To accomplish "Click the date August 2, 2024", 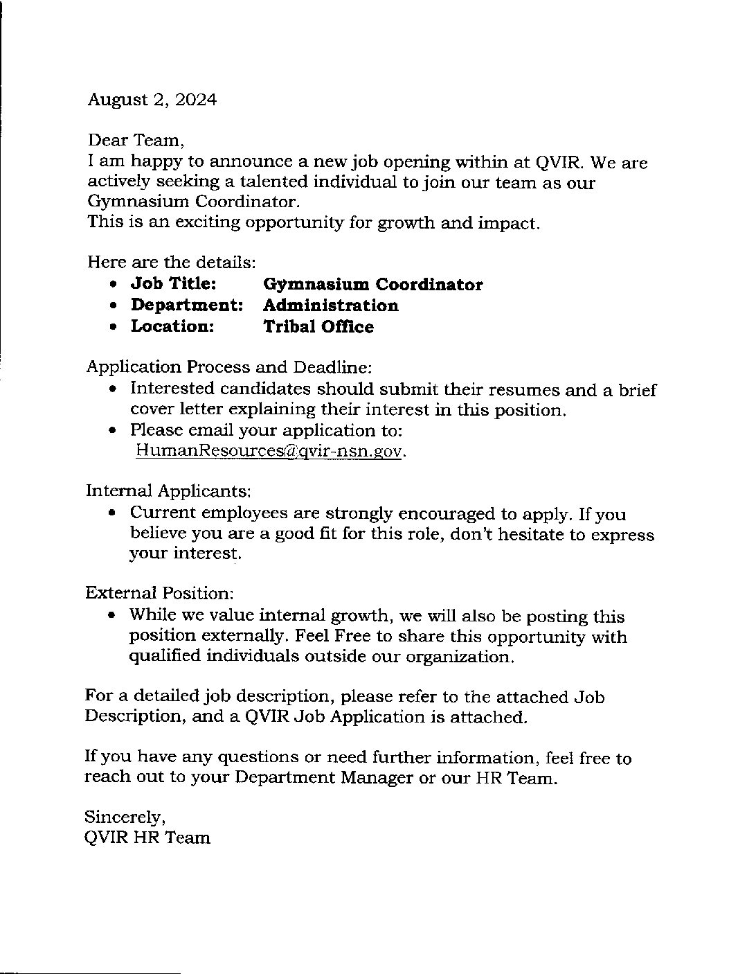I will [152, 100].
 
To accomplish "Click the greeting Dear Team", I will [136, 141].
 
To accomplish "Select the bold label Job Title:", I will [173, 285].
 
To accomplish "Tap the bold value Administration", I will [331, 306].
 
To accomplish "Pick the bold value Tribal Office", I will [318, 327].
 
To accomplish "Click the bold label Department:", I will [187, 306].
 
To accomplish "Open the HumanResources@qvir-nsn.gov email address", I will [269, 451].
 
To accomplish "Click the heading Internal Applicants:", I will [168, 491].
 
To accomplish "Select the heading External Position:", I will [160, 593].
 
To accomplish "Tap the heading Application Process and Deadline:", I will [229, 366].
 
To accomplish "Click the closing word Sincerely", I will [125, 817].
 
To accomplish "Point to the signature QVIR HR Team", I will [147, 838].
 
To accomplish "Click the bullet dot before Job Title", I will [114, 285].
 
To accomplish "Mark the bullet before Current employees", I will [114, 515].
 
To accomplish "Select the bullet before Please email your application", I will [114, 431].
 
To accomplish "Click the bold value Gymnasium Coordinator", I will [373, 285].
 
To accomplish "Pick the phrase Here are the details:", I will [172, 263].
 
